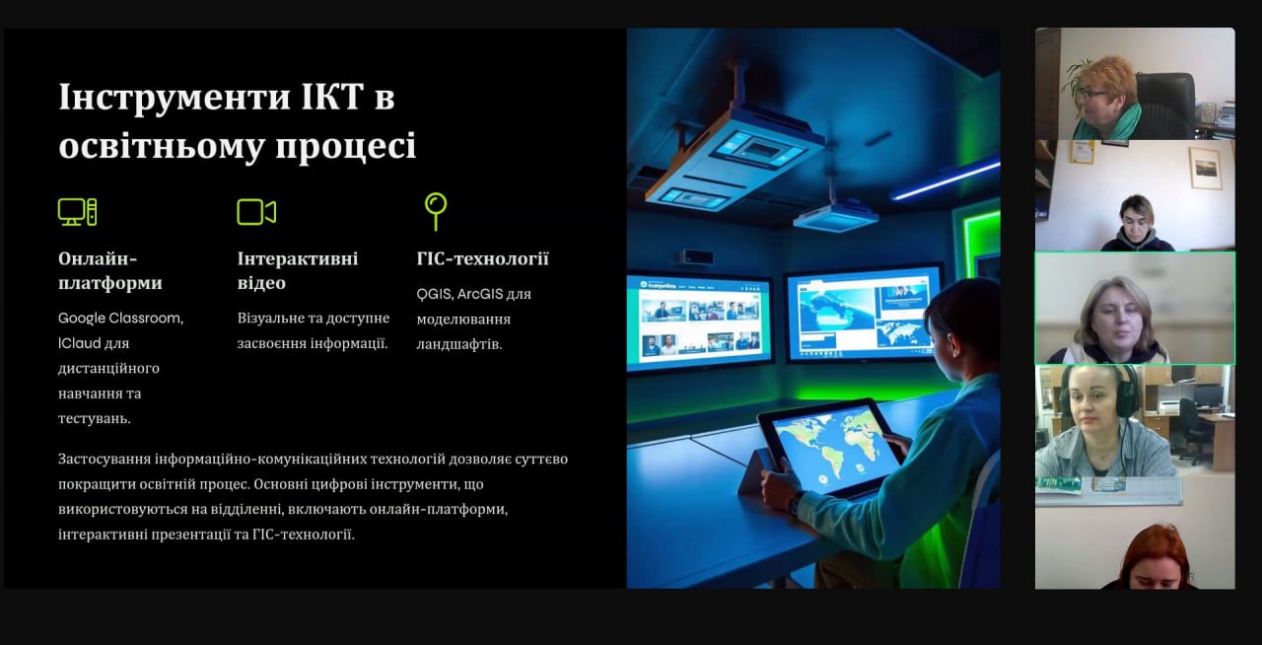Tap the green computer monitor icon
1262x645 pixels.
77,212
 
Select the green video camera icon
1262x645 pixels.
256,212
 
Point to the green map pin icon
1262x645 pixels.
436,211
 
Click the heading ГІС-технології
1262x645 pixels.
482,258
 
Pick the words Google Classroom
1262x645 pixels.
120,319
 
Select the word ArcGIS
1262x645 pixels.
479,294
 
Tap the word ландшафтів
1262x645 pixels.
459,344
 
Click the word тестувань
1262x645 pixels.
94,419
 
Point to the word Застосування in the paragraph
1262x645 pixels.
104,460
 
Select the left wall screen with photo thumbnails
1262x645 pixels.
699,322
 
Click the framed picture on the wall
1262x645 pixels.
1206,168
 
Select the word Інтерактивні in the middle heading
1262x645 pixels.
298,258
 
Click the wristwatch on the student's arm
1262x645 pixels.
795,504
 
